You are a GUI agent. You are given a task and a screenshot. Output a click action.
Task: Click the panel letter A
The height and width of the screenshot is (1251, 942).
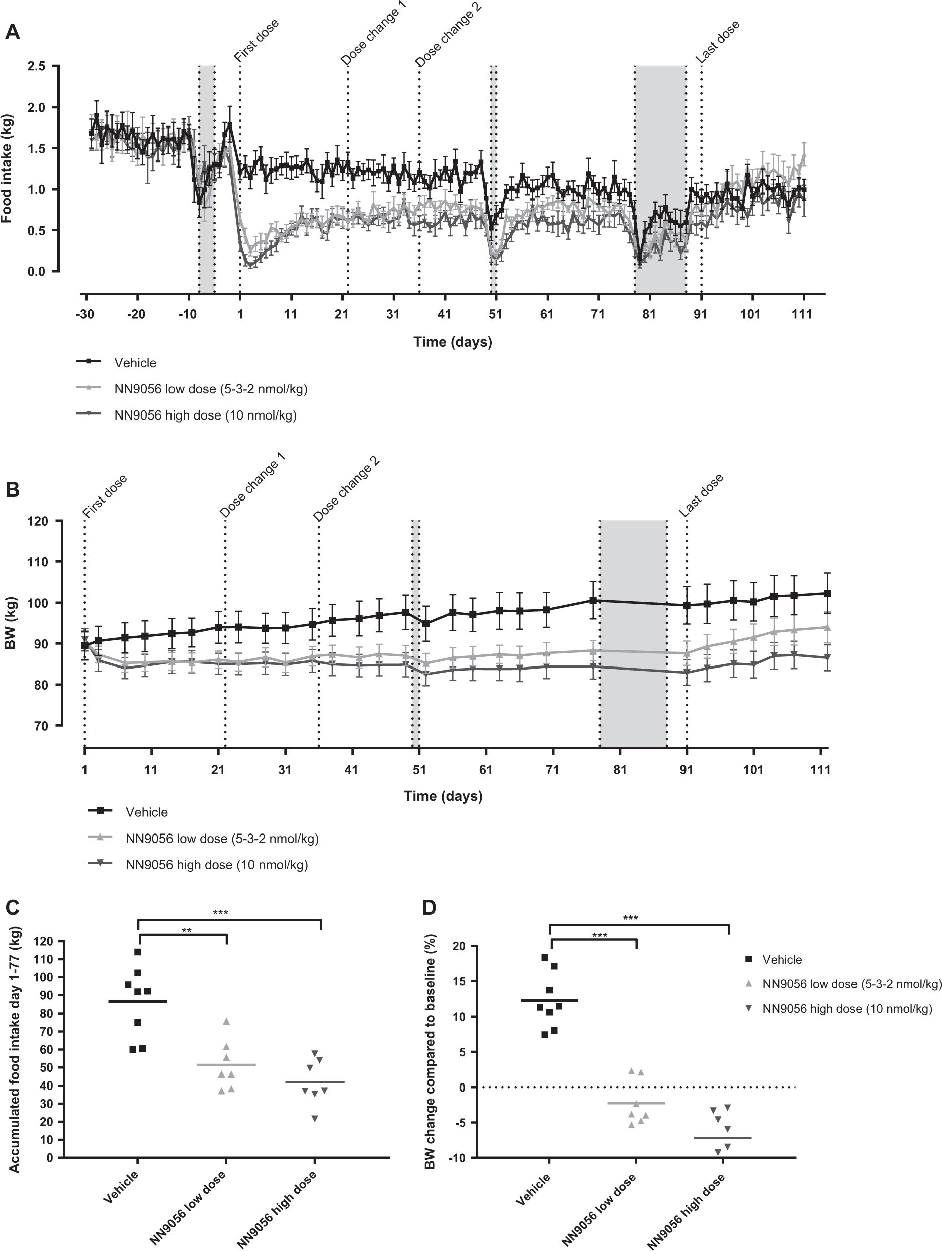click(12, 32)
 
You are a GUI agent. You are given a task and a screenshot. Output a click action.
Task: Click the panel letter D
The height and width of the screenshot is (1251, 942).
click(429, 908)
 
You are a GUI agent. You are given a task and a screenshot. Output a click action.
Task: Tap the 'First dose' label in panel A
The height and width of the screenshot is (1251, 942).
click(256, 41)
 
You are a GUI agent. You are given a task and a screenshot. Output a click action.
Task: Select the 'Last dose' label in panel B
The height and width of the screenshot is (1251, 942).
click(701, 495)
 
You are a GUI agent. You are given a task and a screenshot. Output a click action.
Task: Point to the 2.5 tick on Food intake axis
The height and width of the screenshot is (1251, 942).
click(36, 66)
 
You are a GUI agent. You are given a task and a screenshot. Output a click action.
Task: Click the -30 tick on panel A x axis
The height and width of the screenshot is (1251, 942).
click(85, 314)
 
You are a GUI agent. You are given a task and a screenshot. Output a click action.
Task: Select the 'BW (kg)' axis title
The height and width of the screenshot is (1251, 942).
click(10, 623)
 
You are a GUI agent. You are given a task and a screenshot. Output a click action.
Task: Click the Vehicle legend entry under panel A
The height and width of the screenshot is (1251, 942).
click(135, 363)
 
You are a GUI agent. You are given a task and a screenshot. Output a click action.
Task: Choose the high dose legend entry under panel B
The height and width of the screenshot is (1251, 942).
click(217, 865)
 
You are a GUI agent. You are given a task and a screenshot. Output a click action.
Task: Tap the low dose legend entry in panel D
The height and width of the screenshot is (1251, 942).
click(851, 984)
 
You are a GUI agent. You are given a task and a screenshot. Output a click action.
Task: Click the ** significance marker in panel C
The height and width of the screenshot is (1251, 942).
click(186, 931)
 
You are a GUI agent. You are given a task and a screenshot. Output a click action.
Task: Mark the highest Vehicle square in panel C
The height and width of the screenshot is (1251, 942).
click(137, 952)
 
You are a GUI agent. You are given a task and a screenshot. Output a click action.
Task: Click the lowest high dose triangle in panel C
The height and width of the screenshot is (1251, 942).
click(315, 1119)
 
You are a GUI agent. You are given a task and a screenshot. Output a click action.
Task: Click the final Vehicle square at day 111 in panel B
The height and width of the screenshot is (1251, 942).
click(827, 593)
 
